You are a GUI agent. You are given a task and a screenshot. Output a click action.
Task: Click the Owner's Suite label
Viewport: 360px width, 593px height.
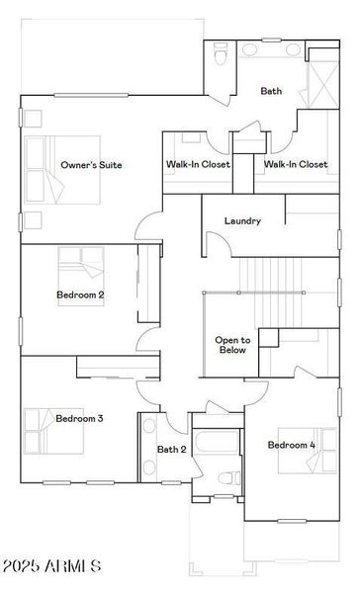91,165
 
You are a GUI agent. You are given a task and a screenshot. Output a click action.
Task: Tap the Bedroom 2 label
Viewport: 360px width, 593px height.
80,295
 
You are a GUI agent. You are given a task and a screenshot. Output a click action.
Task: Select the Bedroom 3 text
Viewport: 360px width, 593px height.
79,418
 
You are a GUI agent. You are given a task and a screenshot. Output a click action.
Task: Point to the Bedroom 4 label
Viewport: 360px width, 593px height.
292,445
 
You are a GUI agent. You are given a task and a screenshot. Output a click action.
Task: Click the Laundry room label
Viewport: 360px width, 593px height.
242,221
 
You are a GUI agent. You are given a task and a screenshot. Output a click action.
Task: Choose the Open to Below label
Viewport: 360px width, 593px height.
232,344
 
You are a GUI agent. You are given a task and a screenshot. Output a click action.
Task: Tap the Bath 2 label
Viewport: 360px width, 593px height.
172,450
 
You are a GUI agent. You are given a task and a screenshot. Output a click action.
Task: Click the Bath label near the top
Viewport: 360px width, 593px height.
271,91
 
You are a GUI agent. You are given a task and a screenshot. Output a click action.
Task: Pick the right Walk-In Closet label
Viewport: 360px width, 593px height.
296,165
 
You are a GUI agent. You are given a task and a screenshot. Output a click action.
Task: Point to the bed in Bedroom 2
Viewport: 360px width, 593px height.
79,265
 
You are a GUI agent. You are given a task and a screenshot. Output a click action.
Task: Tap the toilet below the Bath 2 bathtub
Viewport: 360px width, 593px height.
226,478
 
